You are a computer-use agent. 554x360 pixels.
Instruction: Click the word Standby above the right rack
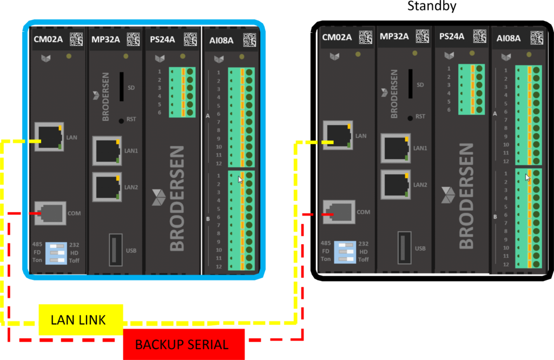click(x=432, y=5)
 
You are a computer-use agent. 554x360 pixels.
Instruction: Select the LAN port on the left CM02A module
click(x=49, y=136)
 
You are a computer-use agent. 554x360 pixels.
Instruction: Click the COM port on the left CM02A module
click(x=50, y=213)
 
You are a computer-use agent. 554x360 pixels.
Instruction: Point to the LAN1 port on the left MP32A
click(x=107, y=150)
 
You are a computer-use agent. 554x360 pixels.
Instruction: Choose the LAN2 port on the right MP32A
click(x=395, y=184)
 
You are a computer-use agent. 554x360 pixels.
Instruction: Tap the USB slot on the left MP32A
click(x=116, y=250)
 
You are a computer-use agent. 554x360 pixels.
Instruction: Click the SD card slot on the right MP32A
click(x=411, y=84)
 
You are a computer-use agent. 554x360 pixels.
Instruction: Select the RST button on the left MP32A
click(x=121, y=121)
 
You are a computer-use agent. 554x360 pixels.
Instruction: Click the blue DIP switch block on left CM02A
click(x=56, y=253)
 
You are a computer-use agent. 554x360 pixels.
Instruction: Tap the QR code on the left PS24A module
click(x=190, y=40)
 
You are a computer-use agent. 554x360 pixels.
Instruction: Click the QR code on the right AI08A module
click(x=537, y=38)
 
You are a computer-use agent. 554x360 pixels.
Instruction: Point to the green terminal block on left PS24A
click(x=182, y=92)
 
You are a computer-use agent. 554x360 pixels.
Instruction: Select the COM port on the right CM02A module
click(x=339, y=212)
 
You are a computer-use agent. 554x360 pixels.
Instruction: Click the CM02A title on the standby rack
click(x=337, y=37)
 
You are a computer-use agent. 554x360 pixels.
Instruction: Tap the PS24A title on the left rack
click(x=162, y=40)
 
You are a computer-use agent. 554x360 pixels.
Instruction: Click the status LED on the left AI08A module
click(x=242, y=57)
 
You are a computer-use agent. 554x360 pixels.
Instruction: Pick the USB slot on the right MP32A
click(x=405, y=247)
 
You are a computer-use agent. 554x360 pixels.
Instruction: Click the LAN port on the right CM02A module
click(x=338, y=135)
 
